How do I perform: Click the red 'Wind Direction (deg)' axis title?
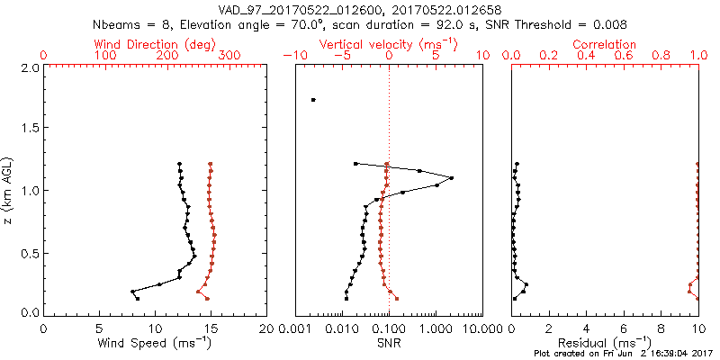(x=154, y=44)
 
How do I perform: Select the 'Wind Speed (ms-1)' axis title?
(x=155, y=343)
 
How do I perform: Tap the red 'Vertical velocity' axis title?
(x=389, y=44)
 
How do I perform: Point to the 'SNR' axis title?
(x=389, y=343)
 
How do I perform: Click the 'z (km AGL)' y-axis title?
(x=8, y=190)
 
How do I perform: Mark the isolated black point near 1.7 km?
(x=313, y=100)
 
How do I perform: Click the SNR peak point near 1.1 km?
(x=451, y=178)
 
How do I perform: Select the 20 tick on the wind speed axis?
(x=266, y=328)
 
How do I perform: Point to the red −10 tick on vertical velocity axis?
(x=292, y=56)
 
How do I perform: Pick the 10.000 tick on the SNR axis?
(x=482, y=328)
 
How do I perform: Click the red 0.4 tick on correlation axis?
(x=586, y=56)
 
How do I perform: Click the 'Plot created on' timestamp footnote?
(x=622, y=354)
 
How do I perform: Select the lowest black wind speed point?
(x=137, y=298)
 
